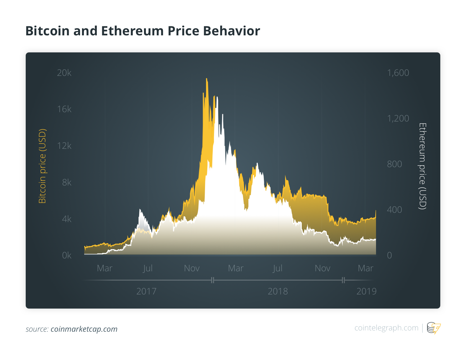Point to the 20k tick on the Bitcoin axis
click(x=64, y=73)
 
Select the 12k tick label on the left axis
click(x=64, y=146)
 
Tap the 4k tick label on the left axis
click(x=67, y=219)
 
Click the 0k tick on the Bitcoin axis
click(x=67, y=256)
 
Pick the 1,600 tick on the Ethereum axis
click(x=398, y=73)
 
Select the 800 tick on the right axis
click(x=394, y=164)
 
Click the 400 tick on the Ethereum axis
click(x=394, y=210)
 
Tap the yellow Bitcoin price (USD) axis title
click(x=42, y=166)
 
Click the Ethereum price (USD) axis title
click(x=423, y=166)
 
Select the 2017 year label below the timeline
click(x=146, y=292)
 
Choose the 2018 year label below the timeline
click(x=278, y=292)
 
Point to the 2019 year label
click(x=366, y=292)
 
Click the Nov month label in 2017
click(x=192, y=268)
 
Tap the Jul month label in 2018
click(x=277, y=268)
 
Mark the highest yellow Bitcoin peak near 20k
click(x=206, y=79)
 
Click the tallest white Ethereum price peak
click(x=217, y=97)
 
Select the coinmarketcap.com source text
click(x=84, y=329)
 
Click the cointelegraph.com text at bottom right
click(x=386, y=328)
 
